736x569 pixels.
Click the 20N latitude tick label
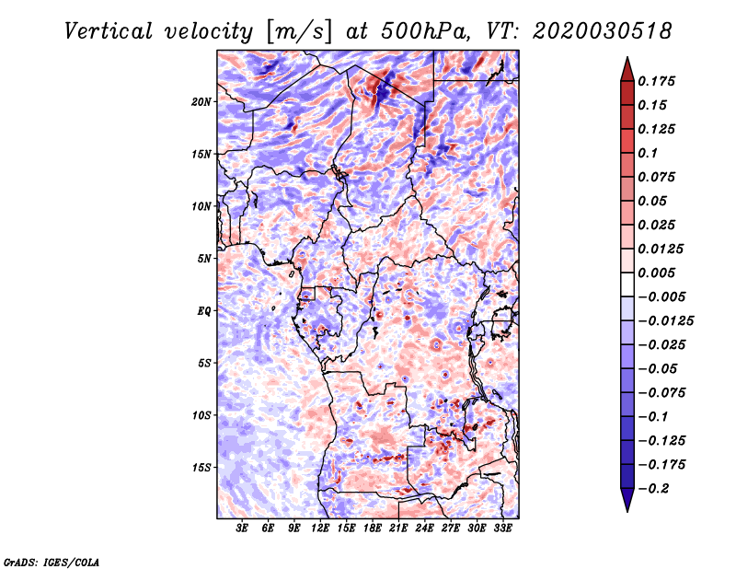coord(201,102)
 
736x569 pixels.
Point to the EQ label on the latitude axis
coord(203,311)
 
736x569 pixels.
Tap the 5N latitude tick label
coord(204,259)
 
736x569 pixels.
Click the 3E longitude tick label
coord(242,528)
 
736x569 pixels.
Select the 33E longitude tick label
coord(502,528)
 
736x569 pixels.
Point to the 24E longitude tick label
coord(424,528)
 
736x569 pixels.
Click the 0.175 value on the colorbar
coord(656,81)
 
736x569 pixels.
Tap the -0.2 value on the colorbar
coord(653,489)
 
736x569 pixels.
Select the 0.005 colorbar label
coord(656,273)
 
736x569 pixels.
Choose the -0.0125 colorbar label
coord(665,321)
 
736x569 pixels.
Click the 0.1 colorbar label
coord(648,153)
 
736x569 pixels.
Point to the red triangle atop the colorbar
coord(627,70)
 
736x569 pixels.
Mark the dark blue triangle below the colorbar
coord(627,500)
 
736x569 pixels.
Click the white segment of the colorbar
coord(627,284)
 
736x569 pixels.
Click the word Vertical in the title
coord(109,31)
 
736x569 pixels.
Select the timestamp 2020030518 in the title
coord(603,31)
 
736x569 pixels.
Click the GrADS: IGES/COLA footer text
coord(51,563)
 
